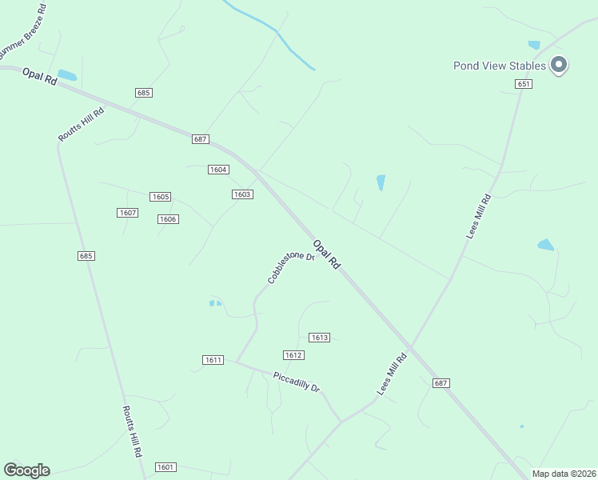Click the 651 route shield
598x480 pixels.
point(524,84)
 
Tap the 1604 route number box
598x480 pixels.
point(218,170)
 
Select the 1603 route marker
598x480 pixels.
point(242,194)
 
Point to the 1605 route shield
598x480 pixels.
point(160,197)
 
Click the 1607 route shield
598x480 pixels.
point(127,213)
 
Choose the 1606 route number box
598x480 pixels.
point(167,219)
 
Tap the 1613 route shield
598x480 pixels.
point(319,338)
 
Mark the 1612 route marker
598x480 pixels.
point(293,355)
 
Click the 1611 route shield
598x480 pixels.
point(213,360)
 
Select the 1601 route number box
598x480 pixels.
point(165,467)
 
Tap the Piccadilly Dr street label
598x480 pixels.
point(296,382)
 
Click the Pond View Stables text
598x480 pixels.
point(499,66)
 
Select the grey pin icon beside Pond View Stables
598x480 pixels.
point(559,65)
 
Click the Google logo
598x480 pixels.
point(26,470)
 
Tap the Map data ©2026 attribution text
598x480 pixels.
point(564,474)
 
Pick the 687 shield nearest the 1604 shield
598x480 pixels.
point(201,139)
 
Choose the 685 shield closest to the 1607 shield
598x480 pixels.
point(86,256)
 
